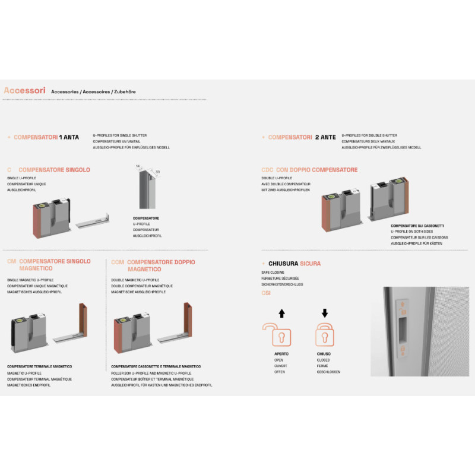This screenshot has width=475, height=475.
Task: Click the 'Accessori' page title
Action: tap(24, 91)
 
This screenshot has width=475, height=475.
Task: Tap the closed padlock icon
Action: tap(324, 334)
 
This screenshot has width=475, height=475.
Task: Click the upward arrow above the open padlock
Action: tap(282, 313)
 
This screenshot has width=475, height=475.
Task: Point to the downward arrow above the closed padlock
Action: tap(324, 313)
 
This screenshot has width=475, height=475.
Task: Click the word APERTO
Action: tap(273, 354)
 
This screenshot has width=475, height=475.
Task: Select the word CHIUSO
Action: tap(324, 354)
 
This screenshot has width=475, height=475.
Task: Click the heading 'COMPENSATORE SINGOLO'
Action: tap(54, 170)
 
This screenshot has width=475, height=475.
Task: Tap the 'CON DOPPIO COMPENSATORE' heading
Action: tap(317, 170)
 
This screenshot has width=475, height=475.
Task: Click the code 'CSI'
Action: tap(265, 293)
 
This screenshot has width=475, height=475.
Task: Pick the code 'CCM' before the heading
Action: tap(118, 262)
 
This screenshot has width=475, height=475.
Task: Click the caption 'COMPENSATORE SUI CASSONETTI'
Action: tap(417, 226)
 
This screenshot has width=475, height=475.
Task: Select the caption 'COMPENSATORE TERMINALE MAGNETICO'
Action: tap(39, 367)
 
